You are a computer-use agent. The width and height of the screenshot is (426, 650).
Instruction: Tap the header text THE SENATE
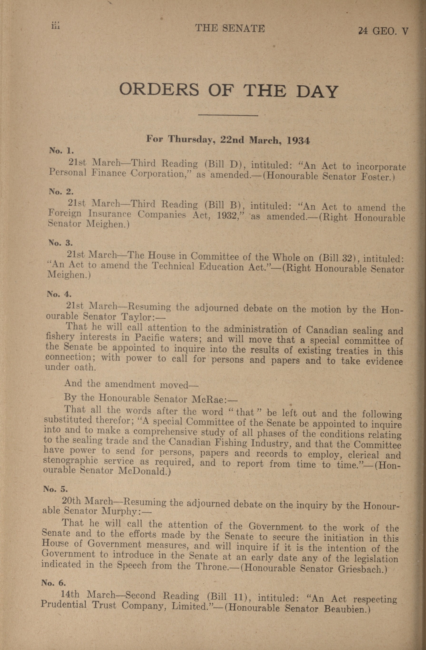(230, 28)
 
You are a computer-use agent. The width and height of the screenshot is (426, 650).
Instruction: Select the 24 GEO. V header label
(383, 31)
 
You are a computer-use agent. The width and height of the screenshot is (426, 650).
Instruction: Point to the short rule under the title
(228, 115)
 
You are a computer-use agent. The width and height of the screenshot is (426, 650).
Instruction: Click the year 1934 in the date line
(298, 140)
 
